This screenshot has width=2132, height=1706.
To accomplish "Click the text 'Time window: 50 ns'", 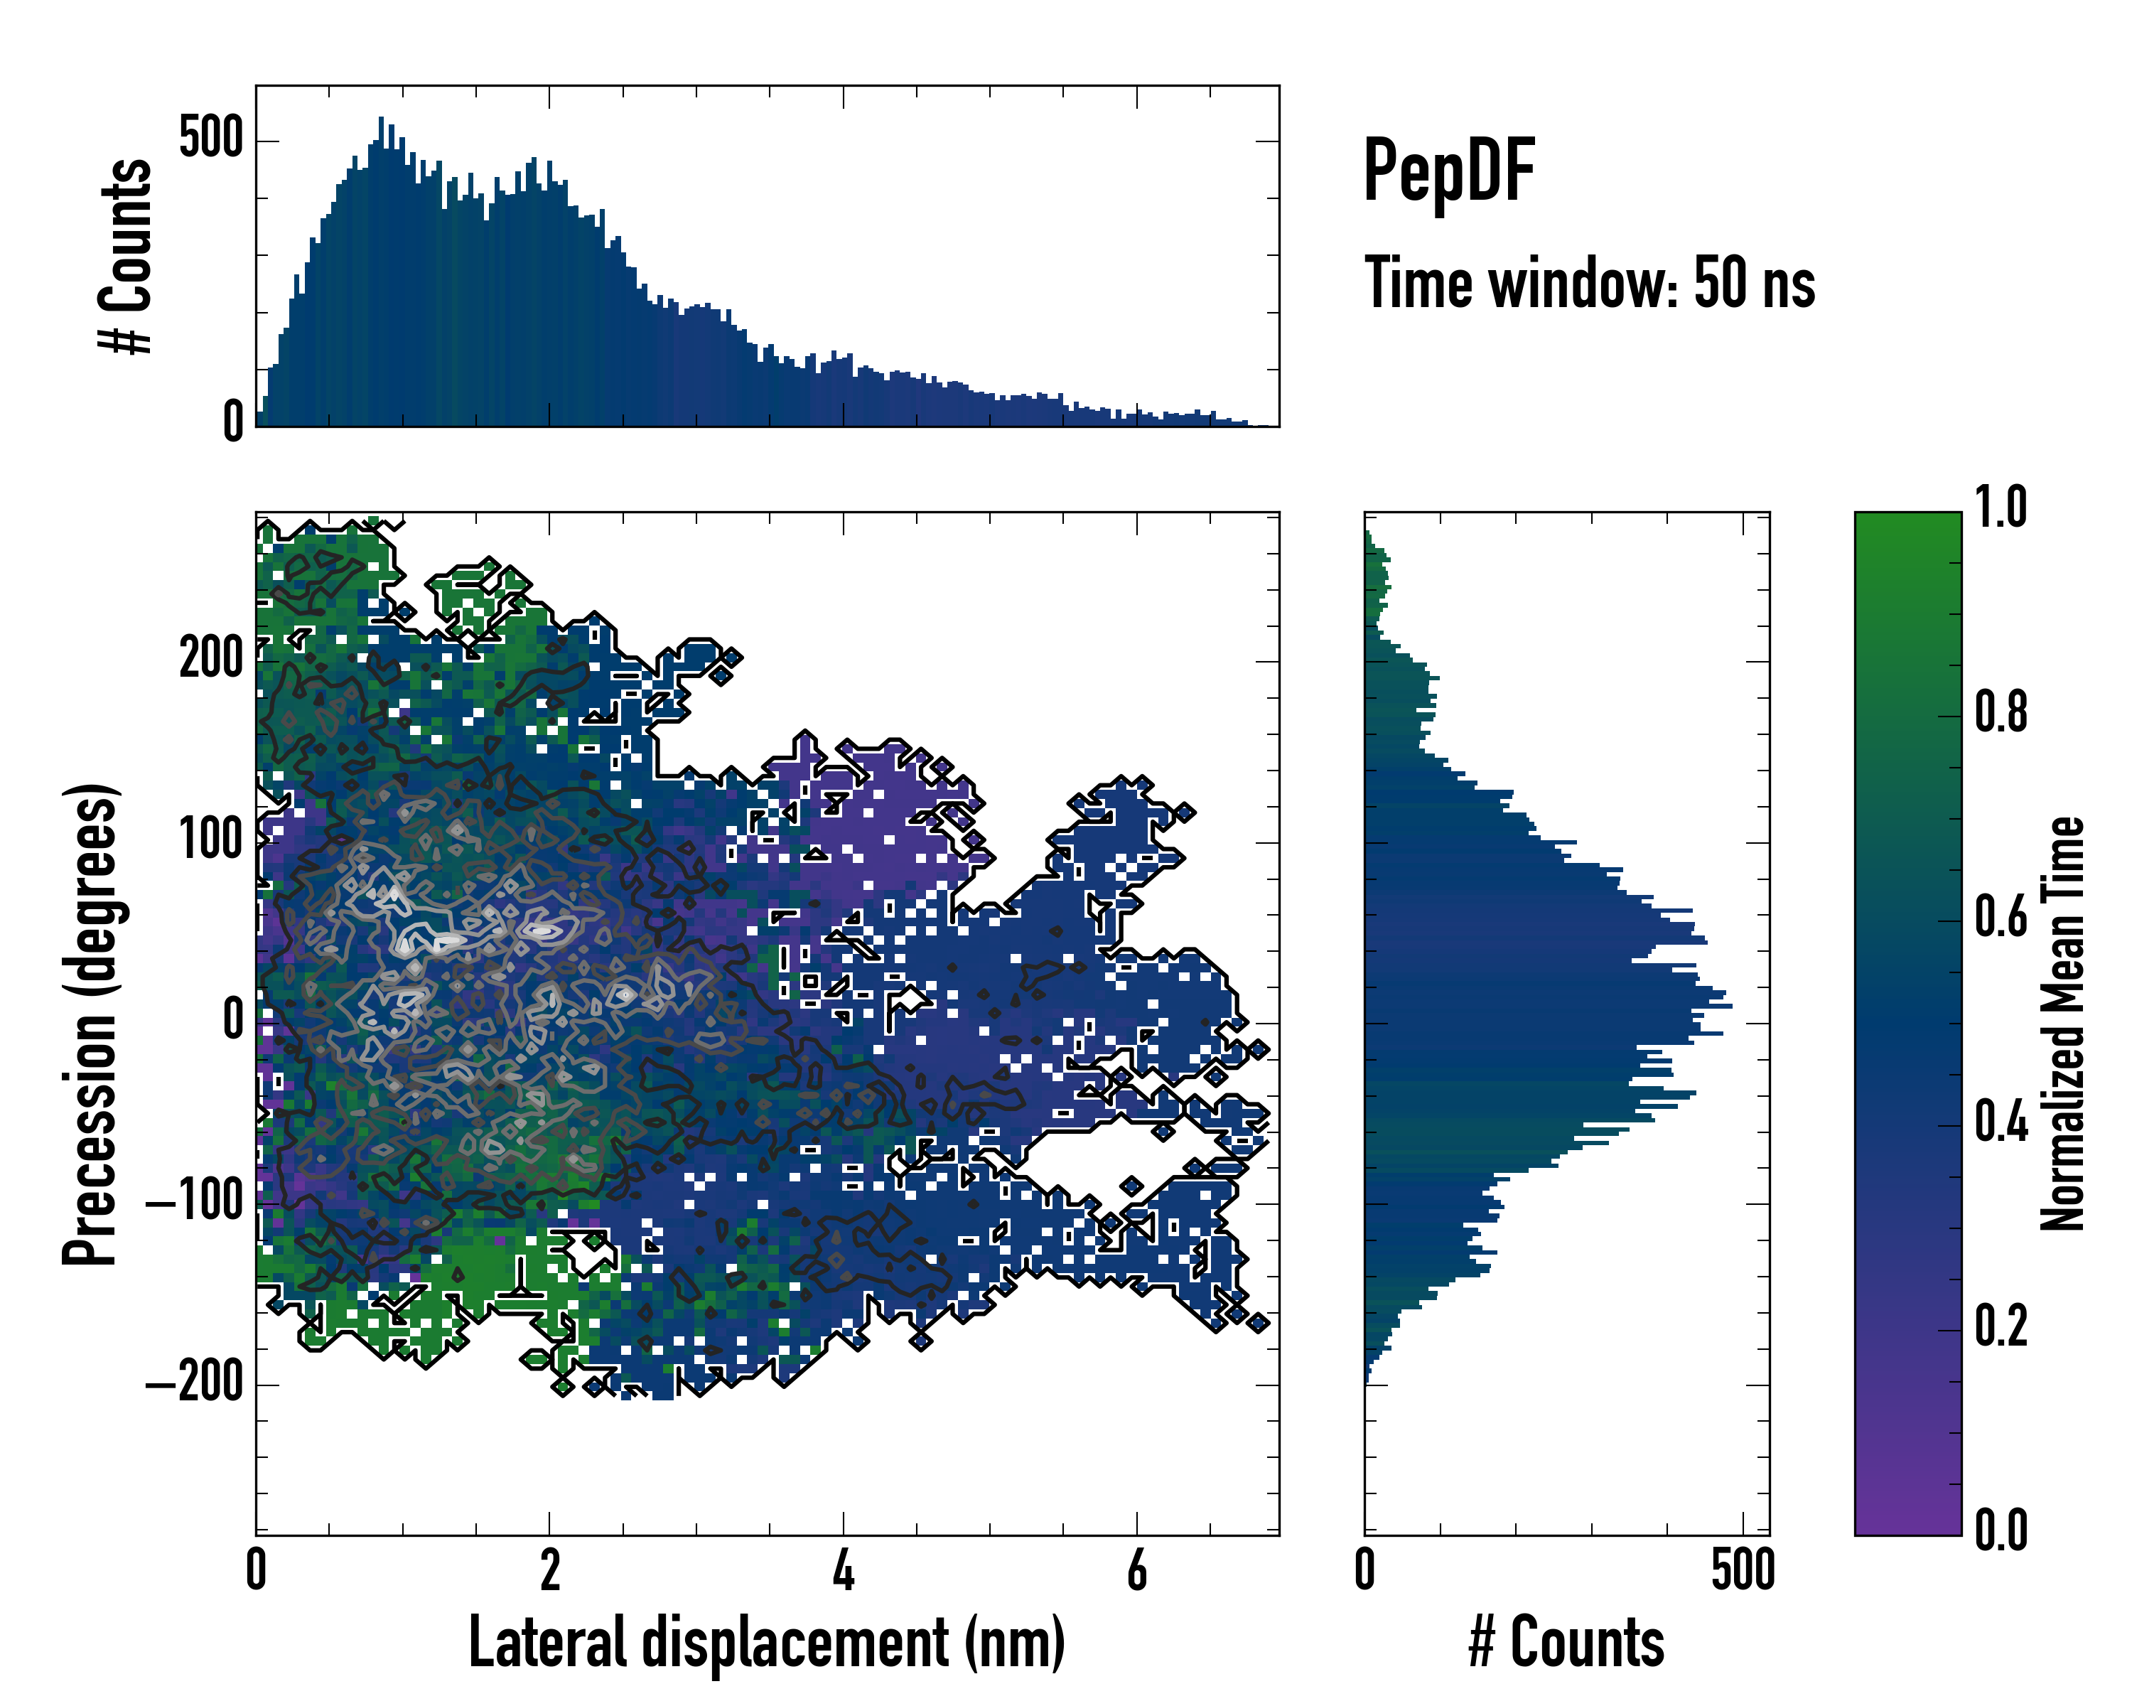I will [1589, 284].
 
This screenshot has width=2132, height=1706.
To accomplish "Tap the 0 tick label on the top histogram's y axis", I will [233, 423].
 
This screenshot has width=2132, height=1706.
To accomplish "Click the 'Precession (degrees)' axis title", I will [91, 1024].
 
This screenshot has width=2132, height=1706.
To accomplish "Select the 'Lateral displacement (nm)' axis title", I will [766, 1642].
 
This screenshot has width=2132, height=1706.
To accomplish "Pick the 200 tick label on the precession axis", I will [210, 659].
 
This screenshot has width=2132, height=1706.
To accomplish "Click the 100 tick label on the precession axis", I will [210, 841].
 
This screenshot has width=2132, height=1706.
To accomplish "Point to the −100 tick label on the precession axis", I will [195, 1203].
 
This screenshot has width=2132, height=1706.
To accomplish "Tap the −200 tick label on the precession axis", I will [195, 1383].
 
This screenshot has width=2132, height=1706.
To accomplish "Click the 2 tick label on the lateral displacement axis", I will [550, 1570].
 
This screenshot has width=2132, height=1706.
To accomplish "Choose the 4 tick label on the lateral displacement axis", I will [843, 1570].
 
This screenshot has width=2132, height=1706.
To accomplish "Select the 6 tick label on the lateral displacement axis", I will [1137, 1570].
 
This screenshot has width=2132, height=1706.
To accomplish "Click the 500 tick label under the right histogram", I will [1743, 1570].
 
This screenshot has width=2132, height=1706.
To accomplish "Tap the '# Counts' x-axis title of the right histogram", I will [1566, 1642].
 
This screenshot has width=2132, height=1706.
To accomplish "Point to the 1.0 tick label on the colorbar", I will [2001, 508].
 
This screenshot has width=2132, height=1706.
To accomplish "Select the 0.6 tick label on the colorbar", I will [2001, 918].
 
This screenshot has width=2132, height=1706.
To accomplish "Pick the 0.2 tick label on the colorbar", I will [2001, 1327].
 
